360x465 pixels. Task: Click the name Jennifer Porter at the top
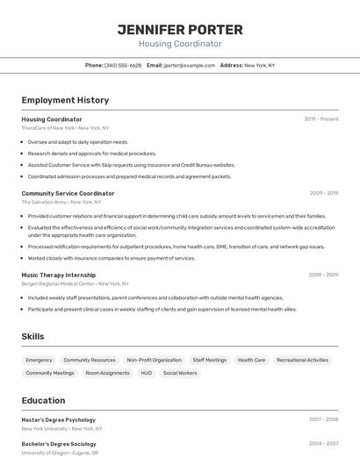point(180,30)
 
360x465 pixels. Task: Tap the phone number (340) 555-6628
point(123,65)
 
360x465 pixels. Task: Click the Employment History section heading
point(65,100)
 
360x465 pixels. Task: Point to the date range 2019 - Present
point(321,119)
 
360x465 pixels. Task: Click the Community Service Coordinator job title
point(68,193)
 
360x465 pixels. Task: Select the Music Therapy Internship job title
point(60,275)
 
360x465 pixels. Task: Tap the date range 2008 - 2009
point(323,275)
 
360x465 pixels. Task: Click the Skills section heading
point(32,336)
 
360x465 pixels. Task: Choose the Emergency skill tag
point(39,360)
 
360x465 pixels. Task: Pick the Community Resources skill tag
point(90,360)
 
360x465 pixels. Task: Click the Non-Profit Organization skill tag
point(154,360)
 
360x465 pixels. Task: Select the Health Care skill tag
point(251,360)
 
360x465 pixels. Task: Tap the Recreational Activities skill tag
point(302,360)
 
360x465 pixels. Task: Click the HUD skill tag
point(146,373)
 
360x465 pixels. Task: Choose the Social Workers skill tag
point(180,373)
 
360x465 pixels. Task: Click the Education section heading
point(43,400)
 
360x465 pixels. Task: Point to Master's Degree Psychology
point(59,419)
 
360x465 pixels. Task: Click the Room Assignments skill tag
point(107,373)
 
